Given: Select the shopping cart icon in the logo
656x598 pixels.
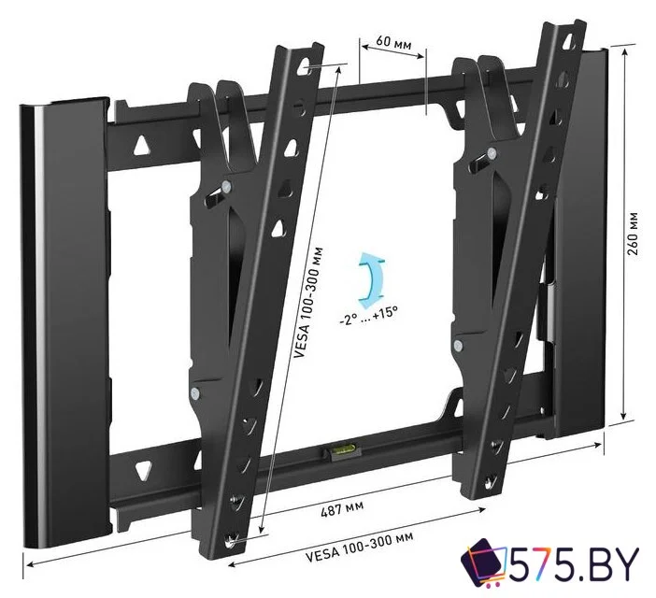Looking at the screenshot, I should coord(486,566).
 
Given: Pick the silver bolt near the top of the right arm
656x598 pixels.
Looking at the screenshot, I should coord(489,152).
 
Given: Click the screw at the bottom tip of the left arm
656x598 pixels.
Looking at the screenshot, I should coord(234,538).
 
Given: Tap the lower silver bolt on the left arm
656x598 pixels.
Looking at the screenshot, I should coord(193,393).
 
